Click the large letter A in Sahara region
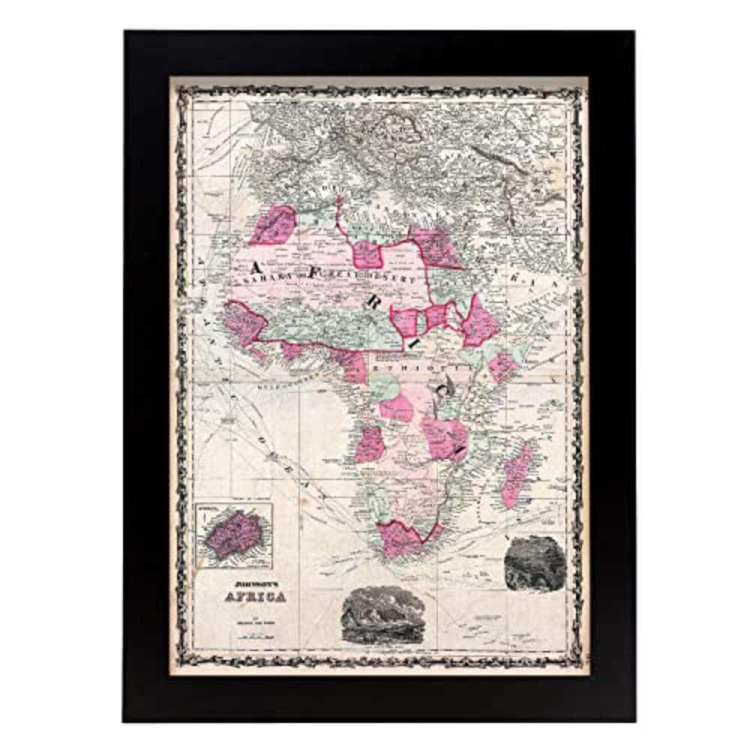point(256,268)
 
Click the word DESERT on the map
point(399,279)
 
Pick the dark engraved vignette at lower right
point(534,562)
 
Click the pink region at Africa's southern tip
point(401,538)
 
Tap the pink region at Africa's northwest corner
point(273,224)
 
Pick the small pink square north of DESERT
point(368,253)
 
